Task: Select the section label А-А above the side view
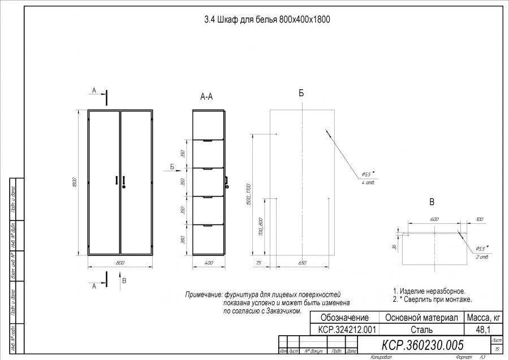(x=207, y=97)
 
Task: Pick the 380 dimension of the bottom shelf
(x=183, y=240)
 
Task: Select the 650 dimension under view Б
(x=302, y=263)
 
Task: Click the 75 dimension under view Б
(x=259, y=263)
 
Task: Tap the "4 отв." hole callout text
(x=367, y=183)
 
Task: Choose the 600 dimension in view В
(x=434, y=219)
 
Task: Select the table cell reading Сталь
(x=422, y=329)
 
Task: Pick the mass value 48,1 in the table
(x=482, y=329)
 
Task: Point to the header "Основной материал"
(x=422, y=318)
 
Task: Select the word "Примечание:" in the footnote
(x=204, y=295)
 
